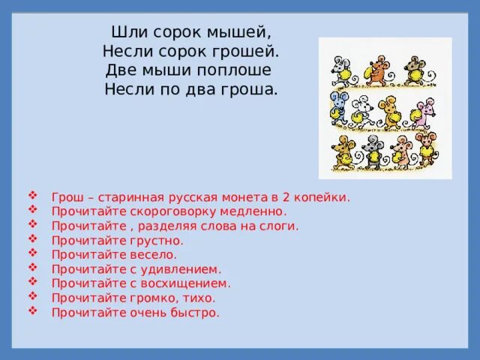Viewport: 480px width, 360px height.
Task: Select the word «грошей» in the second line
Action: (252, 52)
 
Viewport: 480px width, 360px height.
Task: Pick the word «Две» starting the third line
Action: (120, 71)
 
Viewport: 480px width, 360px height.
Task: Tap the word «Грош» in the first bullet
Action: (67, 198)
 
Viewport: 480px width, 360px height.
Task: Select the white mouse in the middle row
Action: (363, 111)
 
